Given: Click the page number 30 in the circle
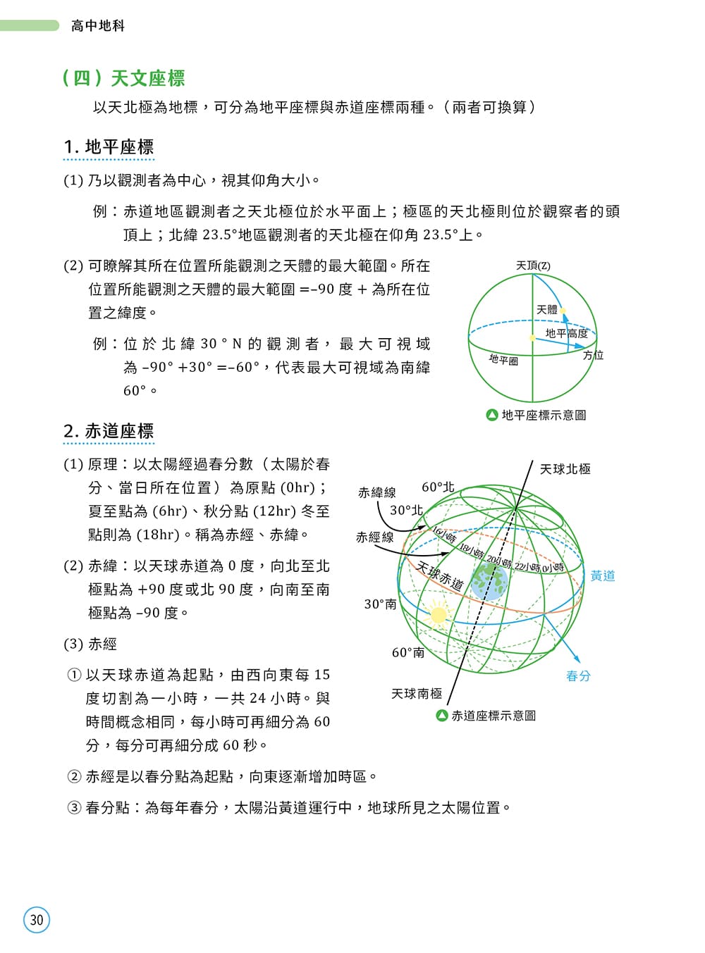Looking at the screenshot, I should click(37, 920).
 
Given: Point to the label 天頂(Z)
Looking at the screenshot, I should click(533, 266).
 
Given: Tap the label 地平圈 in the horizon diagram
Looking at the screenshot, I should click(503, 360).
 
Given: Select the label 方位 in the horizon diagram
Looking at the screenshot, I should click(594, 355).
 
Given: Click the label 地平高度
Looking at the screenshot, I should click(566, 333).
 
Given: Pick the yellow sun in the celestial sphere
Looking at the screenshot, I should click(439, 615).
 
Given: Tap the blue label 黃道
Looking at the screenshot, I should click(603, 575).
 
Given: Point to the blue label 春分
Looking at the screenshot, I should click(578, 676).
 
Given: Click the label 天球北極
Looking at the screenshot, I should click(565, 469).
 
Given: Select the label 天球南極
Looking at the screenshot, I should click(417, 694).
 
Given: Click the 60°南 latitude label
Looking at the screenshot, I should click(408, 653).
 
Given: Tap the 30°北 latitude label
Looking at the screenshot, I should click(406, 510).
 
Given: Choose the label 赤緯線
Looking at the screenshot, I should click(376, 492).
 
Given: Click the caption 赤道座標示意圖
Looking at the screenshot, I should click(493, 716).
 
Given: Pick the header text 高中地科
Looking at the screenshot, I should click(98, 26).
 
